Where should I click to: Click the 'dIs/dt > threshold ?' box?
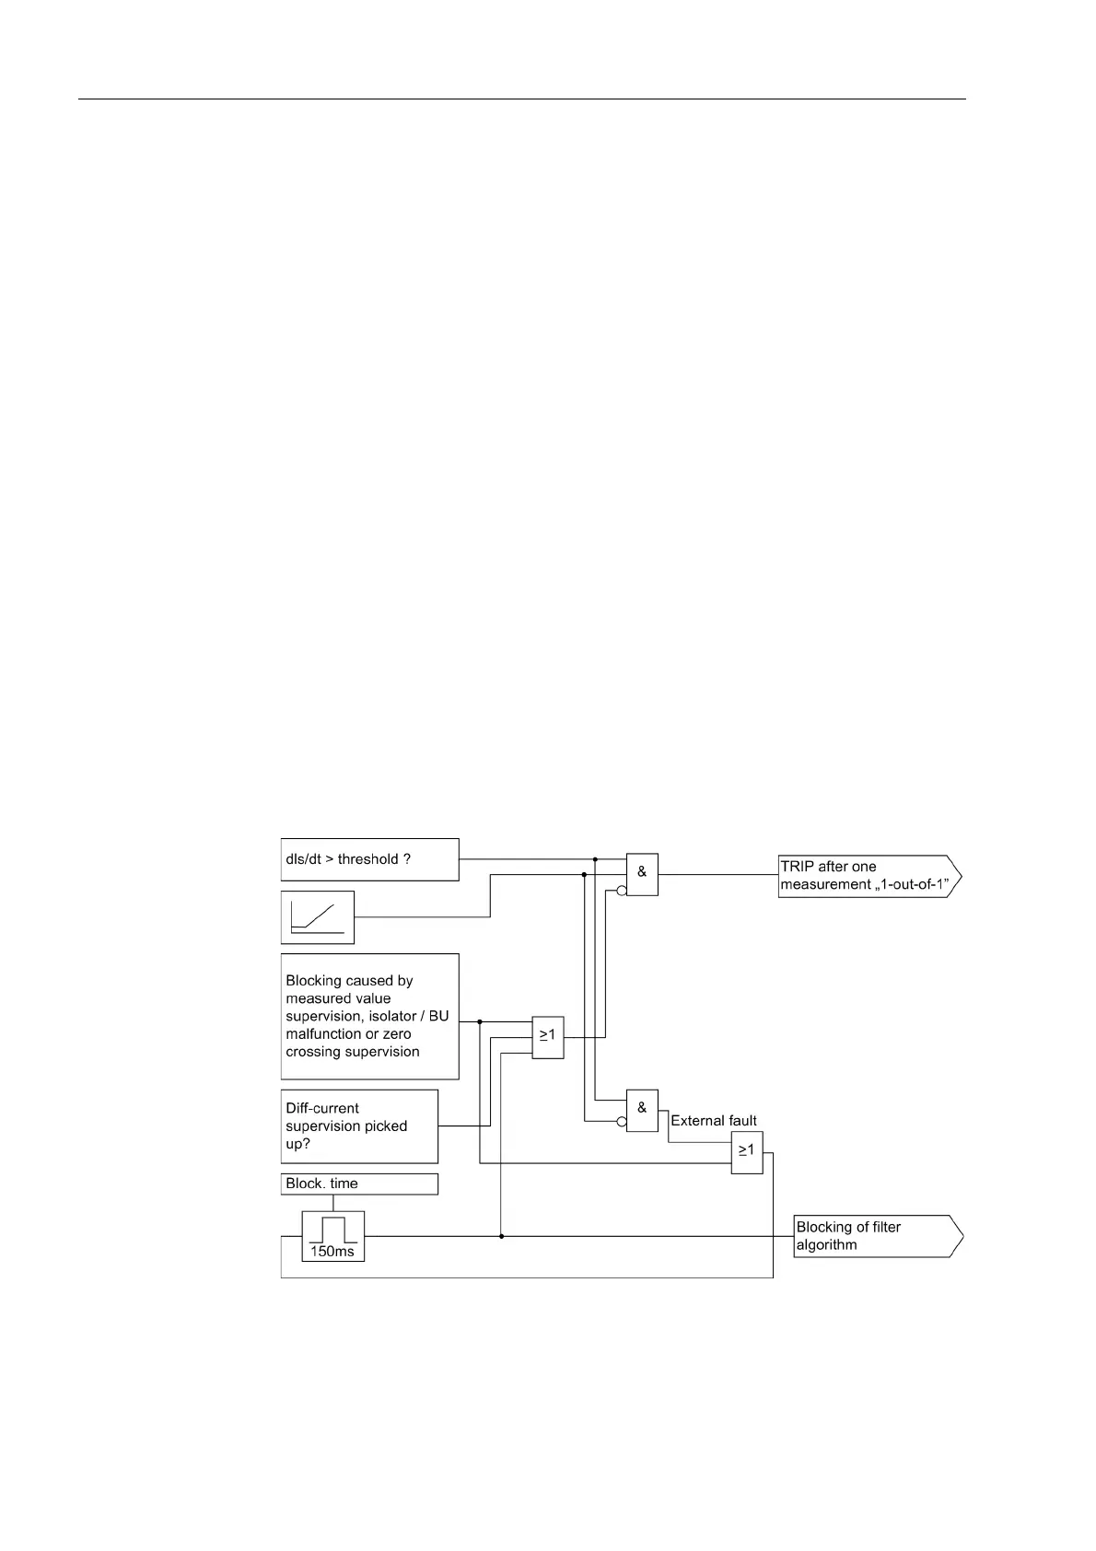tap(369, 859)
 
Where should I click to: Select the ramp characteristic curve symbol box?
tap(318, 917)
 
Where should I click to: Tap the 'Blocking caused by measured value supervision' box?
tap(369, 1016)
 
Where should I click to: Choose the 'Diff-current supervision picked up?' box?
tap(359, 1126)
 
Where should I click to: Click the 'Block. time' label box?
tap(359, 1184)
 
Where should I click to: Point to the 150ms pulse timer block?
tap(333, 1236)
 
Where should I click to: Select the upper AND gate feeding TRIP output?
tap(642, 874)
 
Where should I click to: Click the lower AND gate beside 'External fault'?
tap(642, 1110)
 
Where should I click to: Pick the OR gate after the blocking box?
tap(548, 1038)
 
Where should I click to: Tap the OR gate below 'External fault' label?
tap(747, 1152)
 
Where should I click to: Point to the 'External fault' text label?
tap(714, 1121)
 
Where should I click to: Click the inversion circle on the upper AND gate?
tap(622, 891)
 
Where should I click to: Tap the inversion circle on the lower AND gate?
tap(622, 1122)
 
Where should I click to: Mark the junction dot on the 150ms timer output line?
tap(501, 1236)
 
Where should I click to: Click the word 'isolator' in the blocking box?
tap(402, 1016)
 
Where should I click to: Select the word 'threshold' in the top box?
tap(367, 859)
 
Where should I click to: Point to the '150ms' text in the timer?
tap(333, 1252)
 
